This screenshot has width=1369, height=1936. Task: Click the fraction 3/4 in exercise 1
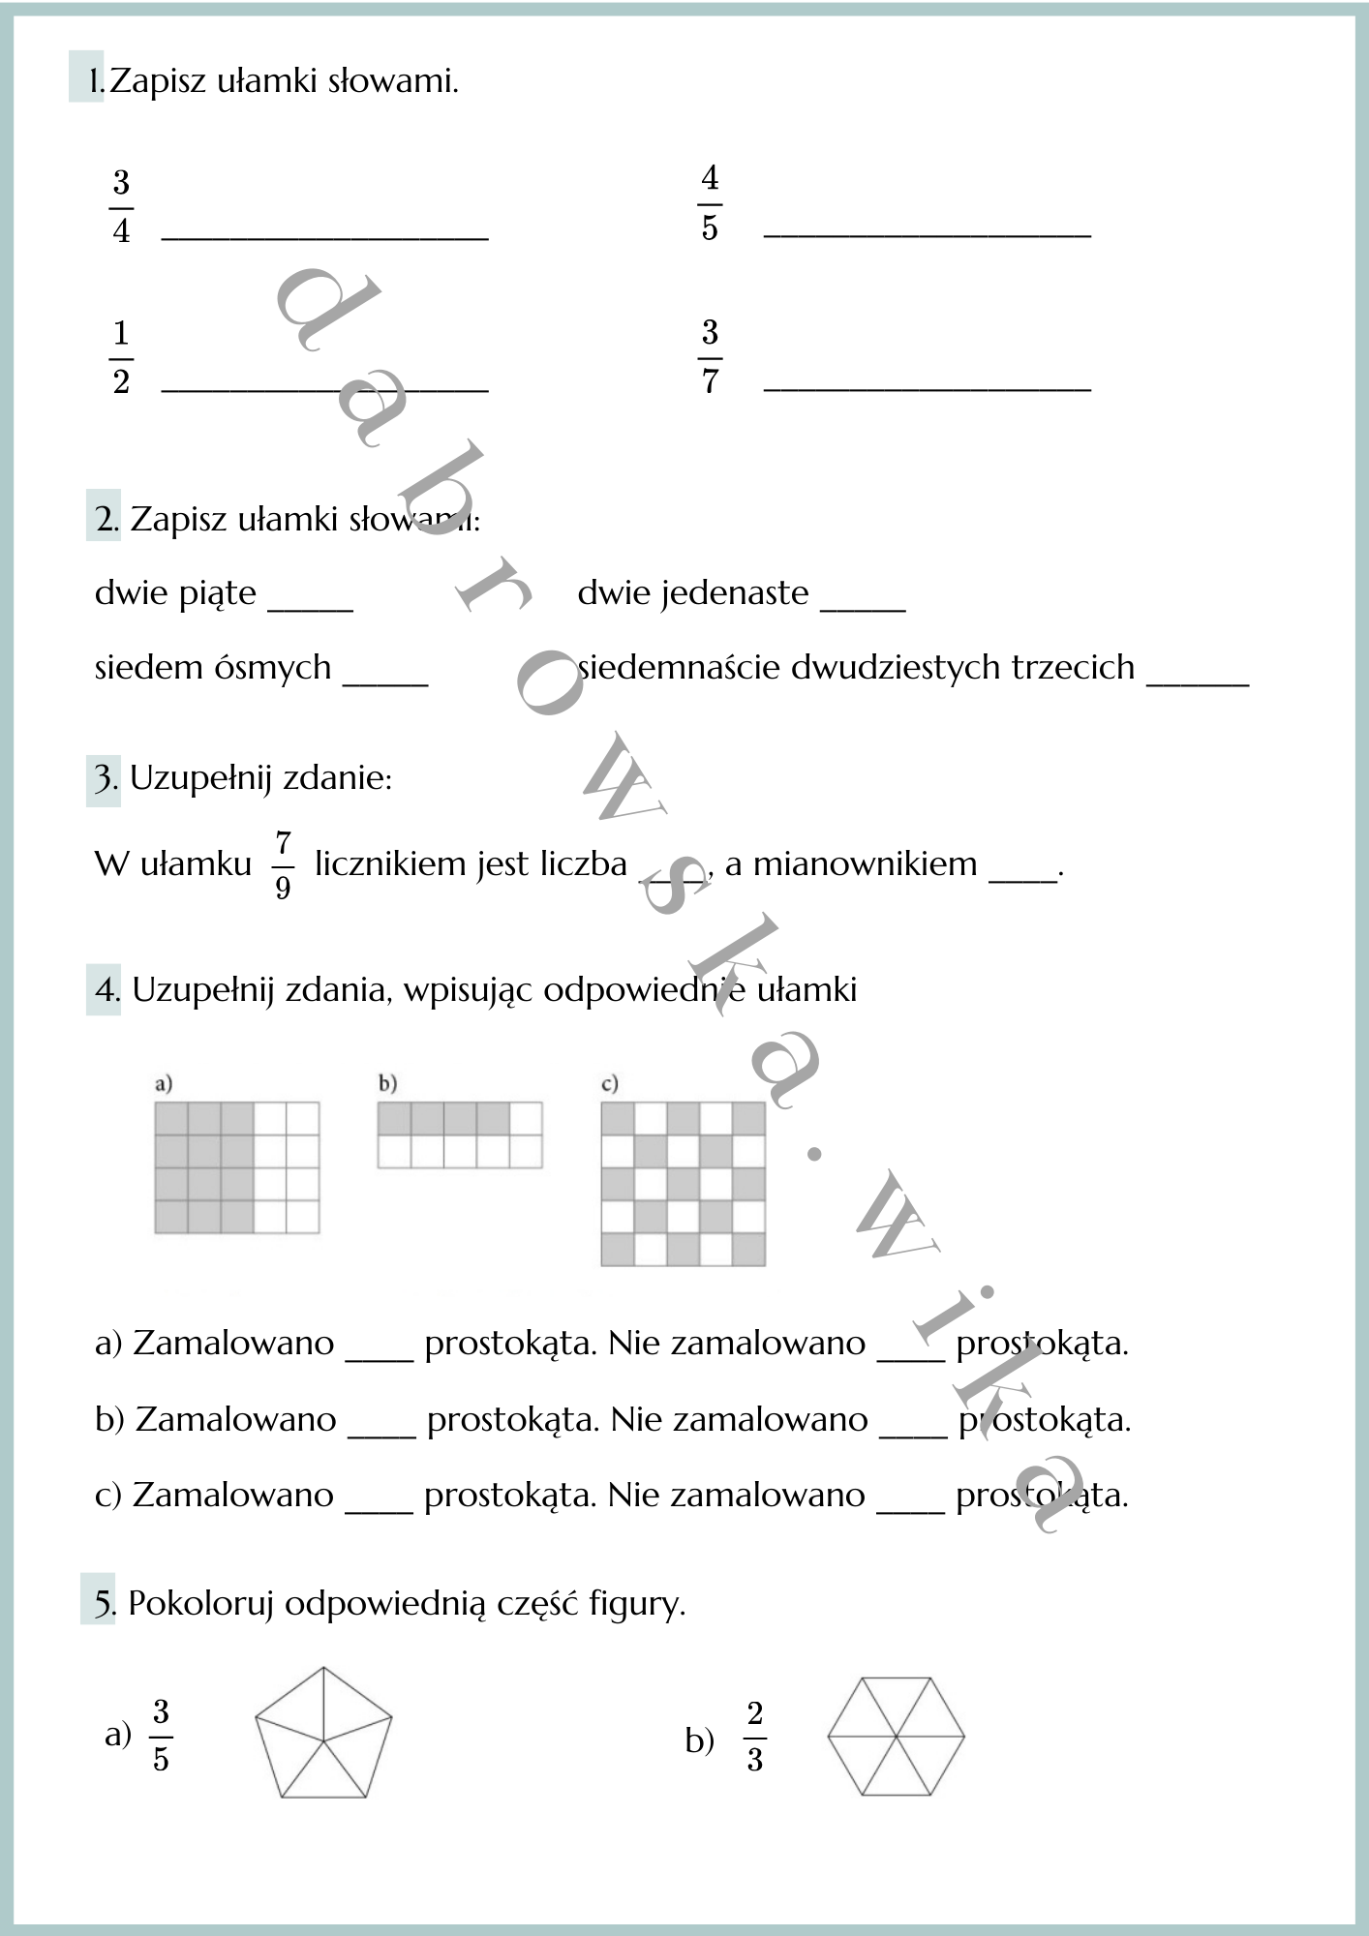(121, 207)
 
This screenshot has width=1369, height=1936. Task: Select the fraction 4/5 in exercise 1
(710, 203)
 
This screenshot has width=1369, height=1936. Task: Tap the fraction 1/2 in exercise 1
(121, 358)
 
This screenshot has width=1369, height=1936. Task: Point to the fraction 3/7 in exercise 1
(710, 356)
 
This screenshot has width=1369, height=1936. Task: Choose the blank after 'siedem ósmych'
(385, 677)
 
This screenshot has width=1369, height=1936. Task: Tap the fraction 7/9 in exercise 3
(283, 863)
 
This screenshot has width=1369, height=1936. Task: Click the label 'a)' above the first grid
(164, 1083)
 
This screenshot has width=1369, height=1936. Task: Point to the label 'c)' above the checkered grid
(609, 1083)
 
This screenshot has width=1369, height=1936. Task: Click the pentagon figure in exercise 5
(323, 1735)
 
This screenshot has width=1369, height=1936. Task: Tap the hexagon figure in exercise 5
(896, 1737)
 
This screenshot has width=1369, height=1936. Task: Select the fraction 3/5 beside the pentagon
(161, 1736)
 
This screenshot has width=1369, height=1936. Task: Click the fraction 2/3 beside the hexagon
(755, 1737)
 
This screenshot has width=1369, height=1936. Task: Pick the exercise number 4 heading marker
(105, 989)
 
